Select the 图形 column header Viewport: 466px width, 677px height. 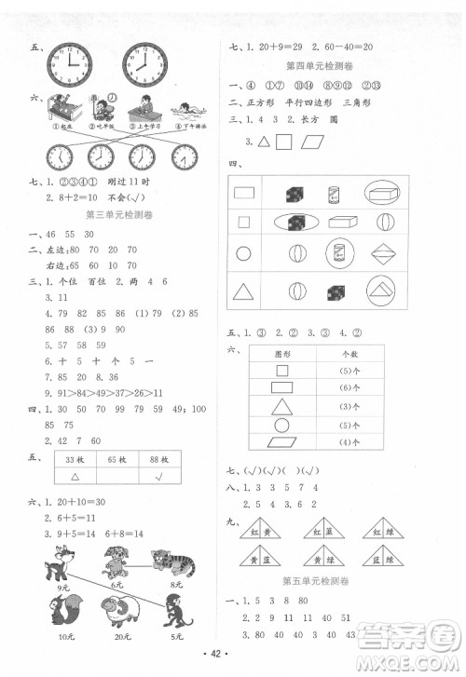coord(282,354)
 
